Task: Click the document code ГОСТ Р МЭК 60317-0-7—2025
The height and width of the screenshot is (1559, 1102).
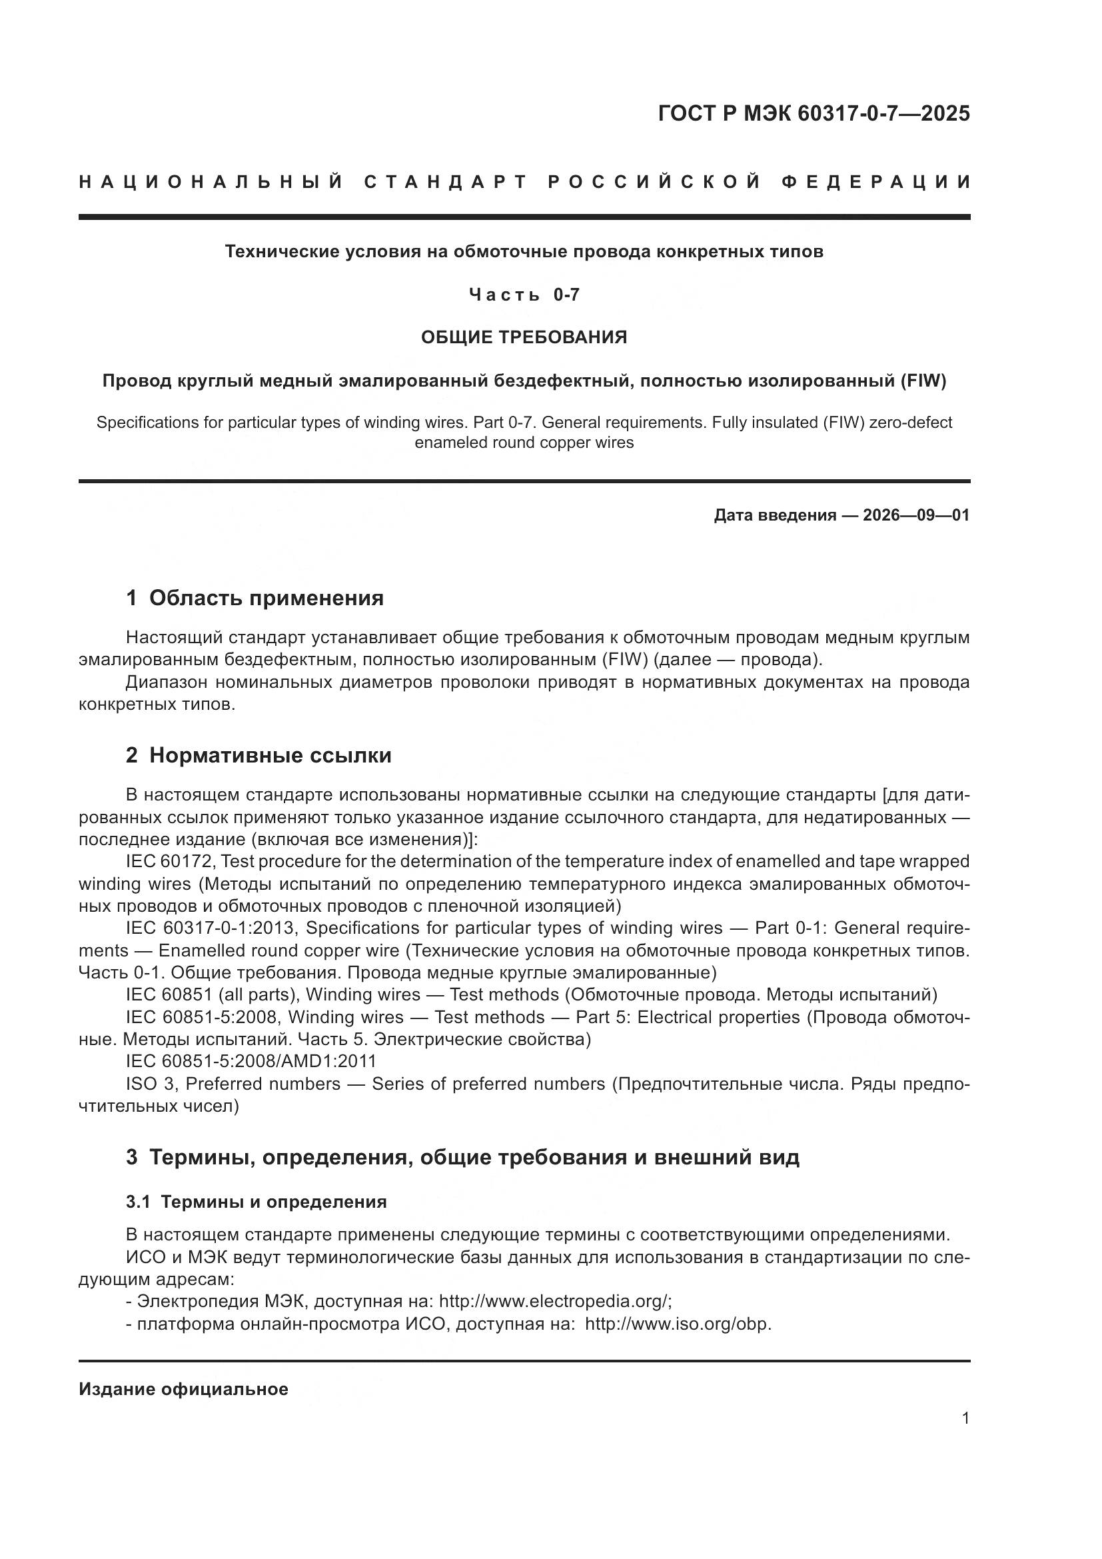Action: (x=814, y=113)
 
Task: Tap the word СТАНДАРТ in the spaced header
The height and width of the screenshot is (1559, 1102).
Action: (x=445, y=182)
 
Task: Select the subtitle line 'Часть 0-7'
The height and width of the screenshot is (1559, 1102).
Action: (x=524, y=295)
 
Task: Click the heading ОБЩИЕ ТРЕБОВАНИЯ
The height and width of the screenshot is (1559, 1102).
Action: (x=524, y=337)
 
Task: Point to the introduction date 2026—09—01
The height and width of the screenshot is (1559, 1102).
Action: (x=916, y=515)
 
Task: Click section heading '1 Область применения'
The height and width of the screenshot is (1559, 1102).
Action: (x=255, y=598)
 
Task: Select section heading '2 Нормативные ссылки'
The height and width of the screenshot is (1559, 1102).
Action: (x=259, y=755)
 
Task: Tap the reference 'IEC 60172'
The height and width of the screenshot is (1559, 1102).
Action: (x=171, y=862)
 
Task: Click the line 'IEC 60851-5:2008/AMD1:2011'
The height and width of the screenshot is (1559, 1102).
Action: (x=251, y=1061)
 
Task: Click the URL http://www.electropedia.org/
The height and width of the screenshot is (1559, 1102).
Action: (x=554, y=1302)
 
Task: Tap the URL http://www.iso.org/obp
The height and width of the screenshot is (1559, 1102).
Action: (x=678, y=1324)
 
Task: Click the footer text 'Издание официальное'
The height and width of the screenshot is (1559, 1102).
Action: (x=183, y=1389)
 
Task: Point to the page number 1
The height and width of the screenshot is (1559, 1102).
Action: (x=965, y=1418)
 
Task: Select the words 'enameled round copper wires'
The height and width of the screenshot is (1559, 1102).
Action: (x=524, y=443)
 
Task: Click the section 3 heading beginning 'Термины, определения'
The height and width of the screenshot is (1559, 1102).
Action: (x=474, y=1157)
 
